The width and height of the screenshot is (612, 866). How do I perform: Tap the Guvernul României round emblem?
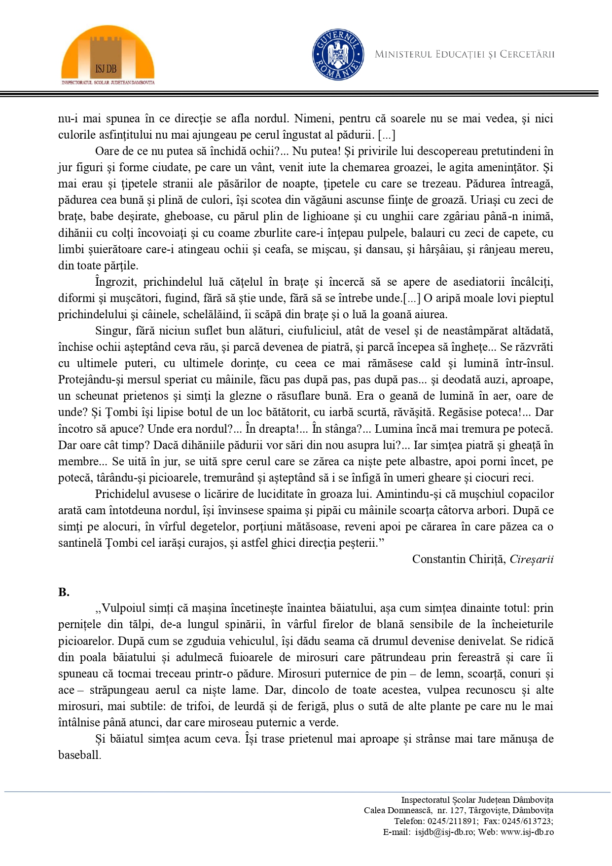tap(338, 54)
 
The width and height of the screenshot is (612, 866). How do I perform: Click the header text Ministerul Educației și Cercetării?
tap(464, 54)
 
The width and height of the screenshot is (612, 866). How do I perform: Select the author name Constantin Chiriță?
tap(459, 559)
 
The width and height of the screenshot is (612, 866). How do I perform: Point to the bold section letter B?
tap(64, 592)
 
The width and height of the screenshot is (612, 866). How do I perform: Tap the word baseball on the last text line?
tap(79, 755)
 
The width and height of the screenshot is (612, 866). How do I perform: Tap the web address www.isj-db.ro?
tap(527, 832)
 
